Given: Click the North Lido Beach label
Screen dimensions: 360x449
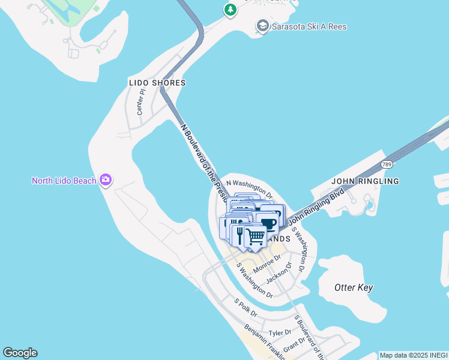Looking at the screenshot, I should click(x=65, y=181).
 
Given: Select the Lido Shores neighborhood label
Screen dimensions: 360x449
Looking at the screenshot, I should click(x=157, y=83).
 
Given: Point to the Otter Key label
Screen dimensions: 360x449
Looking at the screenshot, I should click(x=354, y=287).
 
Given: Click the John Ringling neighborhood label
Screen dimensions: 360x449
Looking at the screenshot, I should click(x=365, y=181).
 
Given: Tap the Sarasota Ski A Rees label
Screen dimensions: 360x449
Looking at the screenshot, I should click(x=310, y=26).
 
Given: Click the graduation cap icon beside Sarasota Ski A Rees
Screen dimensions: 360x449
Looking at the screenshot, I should click(x=262, y=26).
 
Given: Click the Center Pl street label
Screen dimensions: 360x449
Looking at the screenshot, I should click(x=141, y=102).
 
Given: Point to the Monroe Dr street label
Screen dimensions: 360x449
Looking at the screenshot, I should click(x=267, y=264).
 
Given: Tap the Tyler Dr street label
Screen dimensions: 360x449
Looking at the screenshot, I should click(x=280, y=332).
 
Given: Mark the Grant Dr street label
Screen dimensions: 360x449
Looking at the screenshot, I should click(x=294, y=346).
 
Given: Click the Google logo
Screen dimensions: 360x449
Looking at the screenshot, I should click(x=20, y=353).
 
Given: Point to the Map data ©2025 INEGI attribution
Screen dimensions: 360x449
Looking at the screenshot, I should click(x=414, y=355).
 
